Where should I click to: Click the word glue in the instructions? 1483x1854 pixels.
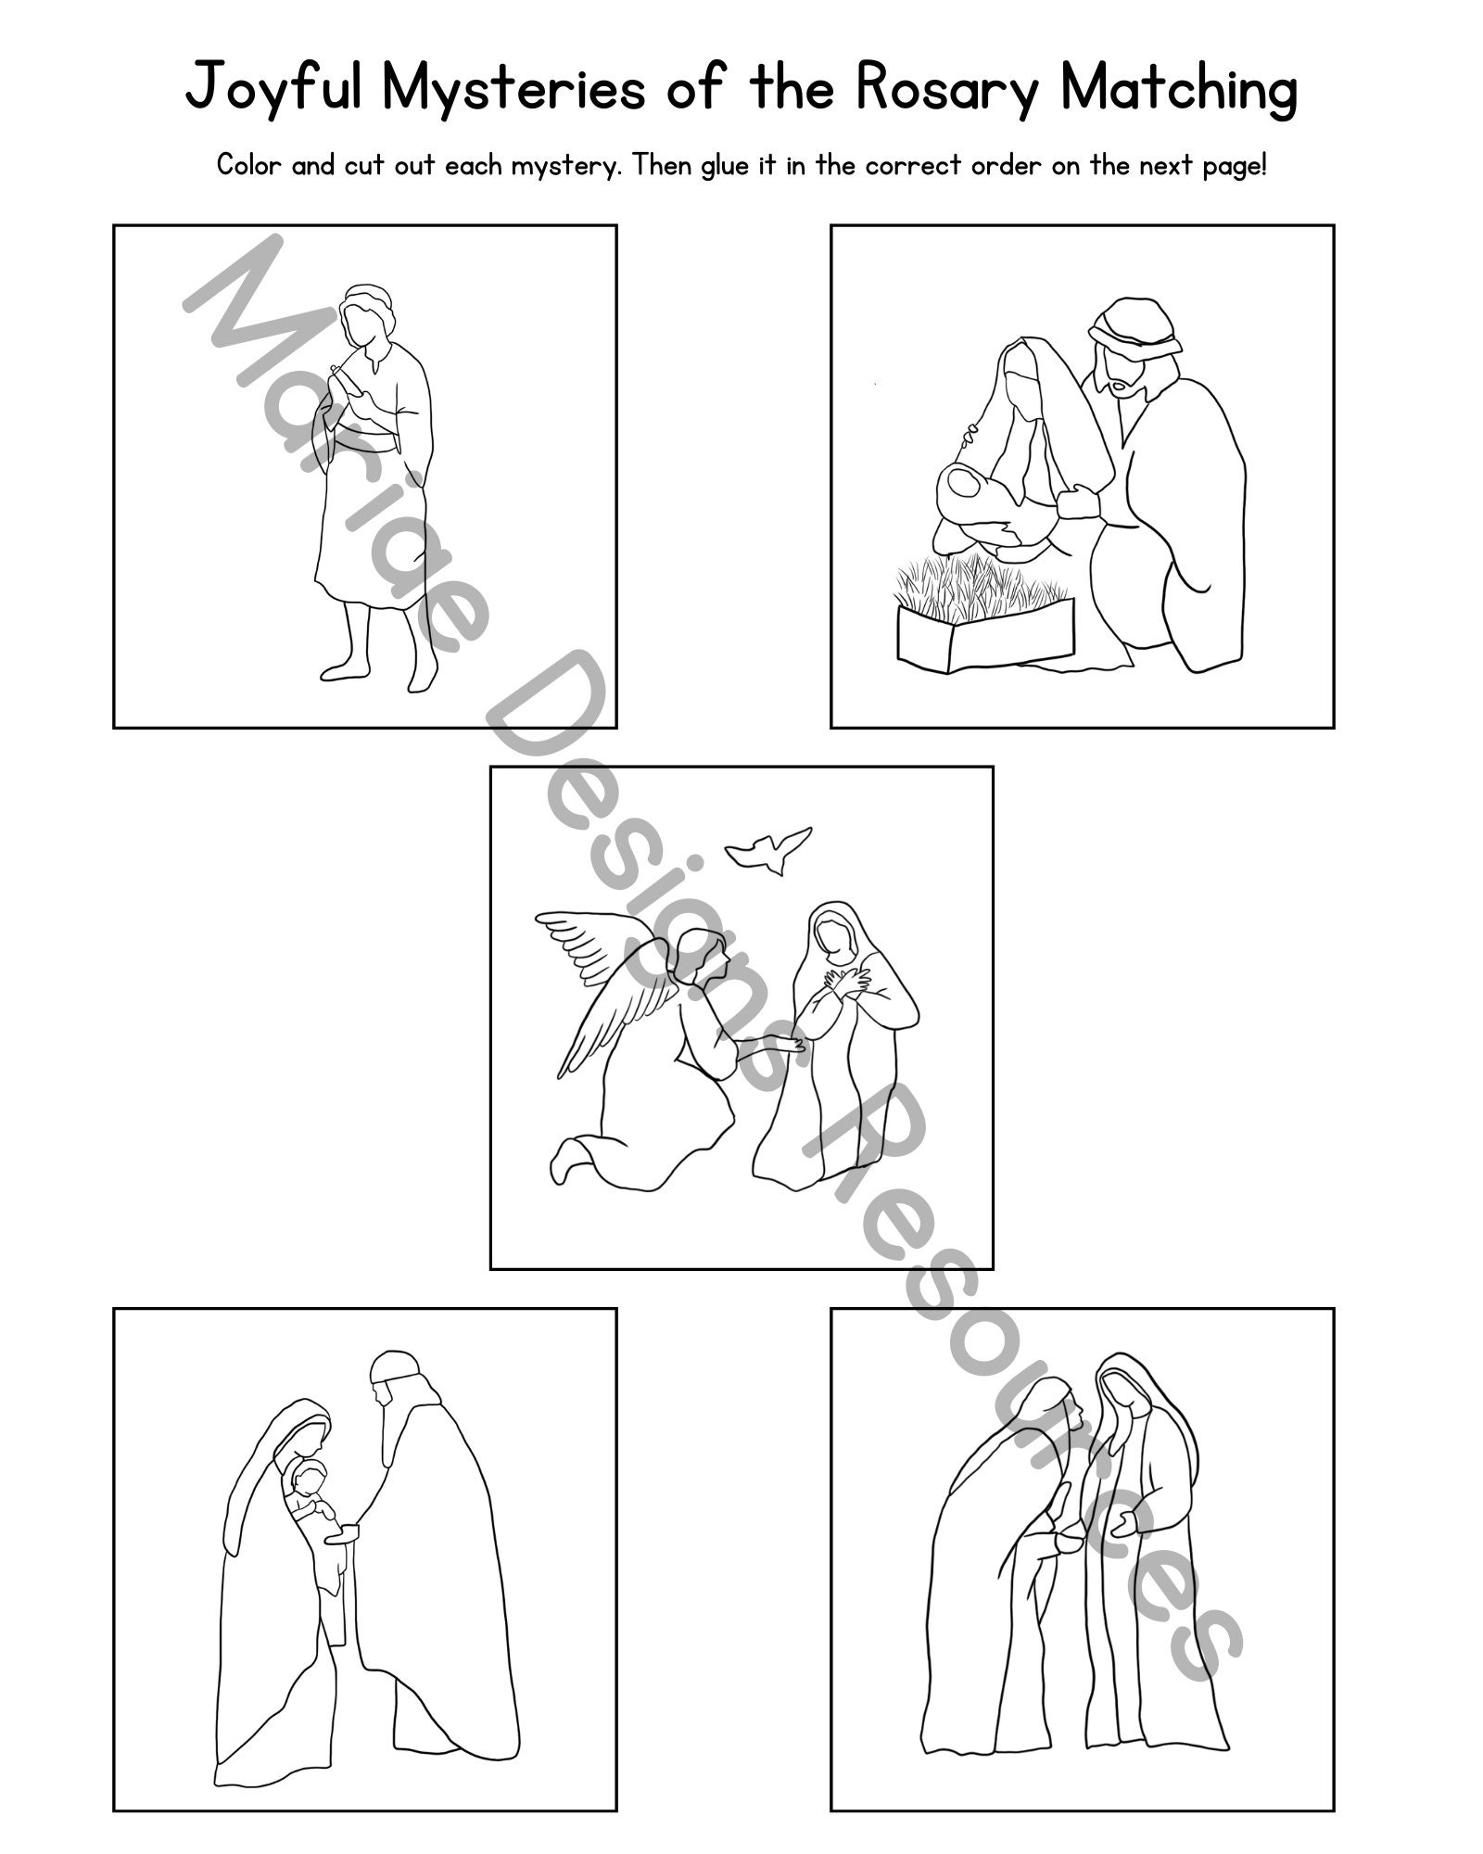pyautogui.click(x=728, y=166)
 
